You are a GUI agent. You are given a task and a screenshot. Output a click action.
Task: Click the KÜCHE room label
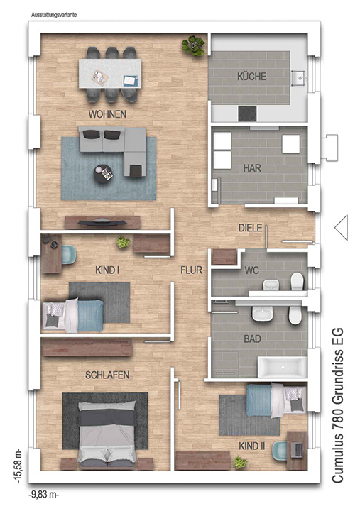[x=252, y=77]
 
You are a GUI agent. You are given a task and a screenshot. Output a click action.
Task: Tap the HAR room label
[x=252, y=168]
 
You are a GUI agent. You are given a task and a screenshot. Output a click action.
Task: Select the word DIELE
[x=250, y=228]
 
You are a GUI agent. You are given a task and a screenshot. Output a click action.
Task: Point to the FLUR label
[x=192, y=270]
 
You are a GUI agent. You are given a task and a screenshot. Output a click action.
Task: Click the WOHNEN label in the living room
[x=107, y=114]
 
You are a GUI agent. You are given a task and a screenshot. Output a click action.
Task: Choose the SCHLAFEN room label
[x=107, y=375]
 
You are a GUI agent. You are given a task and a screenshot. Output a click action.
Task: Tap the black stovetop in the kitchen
[x=247, y=114]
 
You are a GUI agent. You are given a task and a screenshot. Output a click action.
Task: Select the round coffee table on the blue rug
[x=104, y=173]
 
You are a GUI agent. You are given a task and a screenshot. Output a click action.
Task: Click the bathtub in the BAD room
[x=283, y=367]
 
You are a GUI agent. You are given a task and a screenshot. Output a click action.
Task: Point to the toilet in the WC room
[x=297, y=281]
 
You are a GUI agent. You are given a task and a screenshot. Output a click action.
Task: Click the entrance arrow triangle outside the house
[x=341, y=228]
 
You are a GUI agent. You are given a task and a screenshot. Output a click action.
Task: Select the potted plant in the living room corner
[x=194, y=45]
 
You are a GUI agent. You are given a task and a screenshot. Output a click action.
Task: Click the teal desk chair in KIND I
[x=69, y=254]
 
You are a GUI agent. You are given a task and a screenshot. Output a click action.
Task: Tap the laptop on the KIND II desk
[x=297, y=449]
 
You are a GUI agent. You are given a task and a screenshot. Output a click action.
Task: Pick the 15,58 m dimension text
[x=18, y=466]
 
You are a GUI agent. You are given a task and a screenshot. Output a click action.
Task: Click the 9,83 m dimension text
[x=44, y=495]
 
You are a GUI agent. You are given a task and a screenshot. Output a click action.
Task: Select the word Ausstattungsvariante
[x=54, y=15]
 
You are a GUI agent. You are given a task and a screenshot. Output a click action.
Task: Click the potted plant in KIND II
[x=240, y=463]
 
